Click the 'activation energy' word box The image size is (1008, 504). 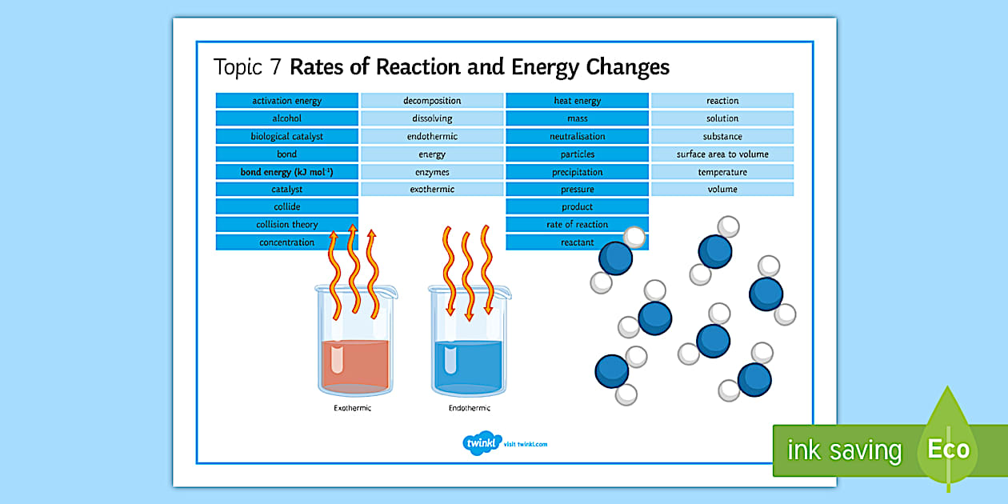(286, 101)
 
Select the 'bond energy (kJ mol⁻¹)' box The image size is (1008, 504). (286, 172)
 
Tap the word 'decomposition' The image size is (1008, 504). (432, 101)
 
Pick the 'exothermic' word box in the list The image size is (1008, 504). (432, 190)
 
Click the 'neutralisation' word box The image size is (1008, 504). (577, 136)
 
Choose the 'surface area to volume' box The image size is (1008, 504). (722, 154)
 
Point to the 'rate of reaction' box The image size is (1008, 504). (577, 225)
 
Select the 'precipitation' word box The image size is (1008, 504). (577, 172)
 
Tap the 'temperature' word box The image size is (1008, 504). (722, 172)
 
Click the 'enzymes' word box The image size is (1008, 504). (432, 172)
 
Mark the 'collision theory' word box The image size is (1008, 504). (286, 225)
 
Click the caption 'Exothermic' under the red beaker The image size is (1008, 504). (353, 409)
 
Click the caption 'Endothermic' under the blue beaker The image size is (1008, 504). (469, 409)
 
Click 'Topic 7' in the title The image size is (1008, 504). (247, 67)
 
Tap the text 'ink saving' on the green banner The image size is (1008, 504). (844, 450)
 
